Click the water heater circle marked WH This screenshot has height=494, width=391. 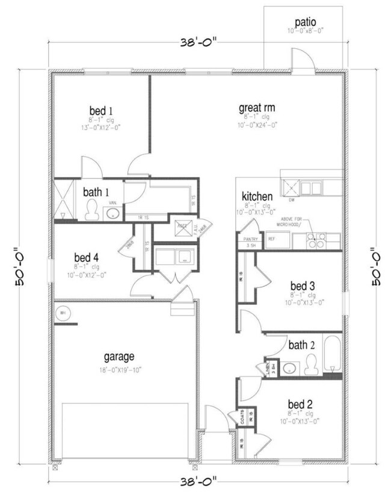63,313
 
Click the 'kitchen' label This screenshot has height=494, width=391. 257,196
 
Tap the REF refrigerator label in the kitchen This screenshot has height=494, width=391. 271,239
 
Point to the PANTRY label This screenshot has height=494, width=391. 250,239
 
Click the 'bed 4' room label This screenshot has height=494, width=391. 87,257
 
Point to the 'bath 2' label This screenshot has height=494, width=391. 302,345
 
